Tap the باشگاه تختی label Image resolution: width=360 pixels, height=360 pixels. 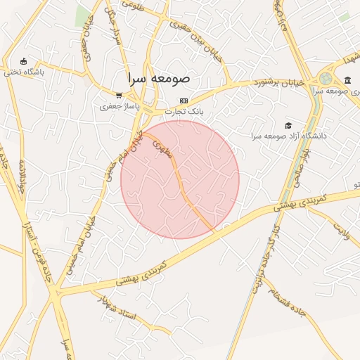click(x=25, y=72)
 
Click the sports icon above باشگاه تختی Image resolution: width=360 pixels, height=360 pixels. click(x=25, y=61)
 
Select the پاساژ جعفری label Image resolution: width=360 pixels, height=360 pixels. click(x=119, y=106)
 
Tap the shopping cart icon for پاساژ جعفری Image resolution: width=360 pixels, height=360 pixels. click(x=119, y=95)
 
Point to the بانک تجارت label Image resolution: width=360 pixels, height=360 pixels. click(x=184, y=112)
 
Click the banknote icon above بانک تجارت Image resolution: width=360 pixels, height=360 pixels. click(x=184, y=101)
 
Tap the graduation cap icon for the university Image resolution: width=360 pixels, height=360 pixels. click(x=288, y=124)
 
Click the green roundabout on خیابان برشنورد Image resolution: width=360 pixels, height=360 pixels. click(x=326, y=79)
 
